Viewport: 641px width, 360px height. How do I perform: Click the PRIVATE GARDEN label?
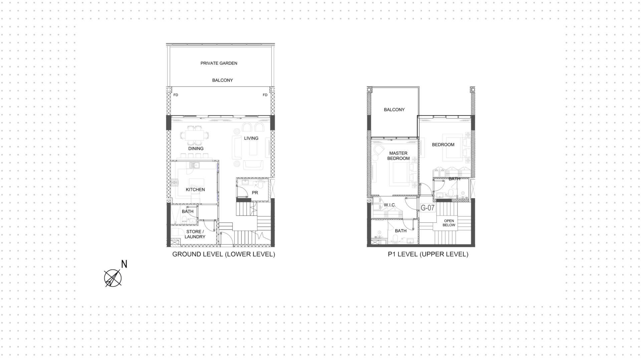[x=219, y=63]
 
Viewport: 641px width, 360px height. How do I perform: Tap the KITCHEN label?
[x=195, y=190]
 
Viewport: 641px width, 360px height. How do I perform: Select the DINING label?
[x=196, y=149]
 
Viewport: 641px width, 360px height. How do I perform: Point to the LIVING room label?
[x=251, y=138]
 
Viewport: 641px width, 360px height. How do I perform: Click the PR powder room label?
[x=255, y=193]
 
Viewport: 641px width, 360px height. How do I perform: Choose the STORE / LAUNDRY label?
[x=195, y=234]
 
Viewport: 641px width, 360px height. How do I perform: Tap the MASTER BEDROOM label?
[x=398, y=156]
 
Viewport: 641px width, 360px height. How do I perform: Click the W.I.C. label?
[x=390, y=205]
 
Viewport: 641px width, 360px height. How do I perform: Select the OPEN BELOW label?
[x=449, y=223]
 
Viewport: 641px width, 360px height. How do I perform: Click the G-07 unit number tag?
[x=428, y=208]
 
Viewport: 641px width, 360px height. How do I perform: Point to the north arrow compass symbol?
[x=113, y=278]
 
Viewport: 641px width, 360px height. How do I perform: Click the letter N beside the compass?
[x=124, y=264]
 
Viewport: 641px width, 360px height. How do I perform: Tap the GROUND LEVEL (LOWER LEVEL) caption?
[x=224, y=254]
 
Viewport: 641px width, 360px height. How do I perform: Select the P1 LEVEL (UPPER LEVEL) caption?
[x=428, y=254]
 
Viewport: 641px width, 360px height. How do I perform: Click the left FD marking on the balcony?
[x=176, y=95]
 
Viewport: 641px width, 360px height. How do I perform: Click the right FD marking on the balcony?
[x=265, y=95]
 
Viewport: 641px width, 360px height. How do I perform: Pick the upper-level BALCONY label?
[x=394, y=110]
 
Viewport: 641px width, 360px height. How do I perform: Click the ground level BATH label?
[x=188, y=211]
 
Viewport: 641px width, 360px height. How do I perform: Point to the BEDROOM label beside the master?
[x=443, y=145]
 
